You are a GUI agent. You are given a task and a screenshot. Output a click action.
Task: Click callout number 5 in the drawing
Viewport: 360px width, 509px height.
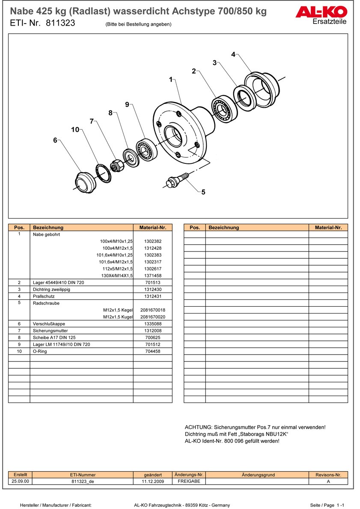tap(203, 192)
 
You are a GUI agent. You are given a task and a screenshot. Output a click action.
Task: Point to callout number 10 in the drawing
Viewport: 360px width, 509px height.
tap(75, 130)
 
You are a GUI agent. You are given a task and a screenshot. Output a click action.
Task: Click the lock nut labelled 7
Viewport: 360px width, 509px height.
tap(117, 164)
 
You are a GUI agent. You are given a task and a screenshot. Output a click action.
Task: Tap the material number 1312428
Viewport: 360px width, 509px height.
tap(152, 248)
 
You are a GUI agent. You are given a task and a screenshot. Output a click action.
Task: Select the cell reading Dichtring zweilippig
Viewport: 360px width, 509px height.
tap(51, 290)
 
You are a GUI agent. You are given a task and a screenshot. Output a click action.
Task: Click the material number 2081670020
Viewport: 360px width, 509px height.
tap(152, 317)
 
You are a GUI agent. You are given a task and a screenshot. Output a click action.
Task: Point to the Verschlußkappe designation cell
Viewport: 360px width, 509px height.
tap(49, 324)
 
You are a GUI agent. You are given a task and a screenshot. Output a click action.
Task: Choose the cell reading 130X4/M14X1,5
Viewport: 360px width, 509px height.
tap(117, 276)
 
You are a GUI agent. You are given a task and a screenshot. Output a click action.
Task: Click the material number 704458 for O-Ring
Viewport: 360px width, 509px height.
tap(152, 351)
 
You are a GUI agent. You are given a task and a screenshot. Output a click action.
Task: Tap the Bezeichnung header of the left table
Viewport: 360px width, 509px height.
tap(48, 228)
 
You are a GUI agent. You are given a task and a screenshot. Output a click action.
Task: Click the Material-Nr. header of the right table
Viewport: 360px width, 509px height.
tap(328, 228)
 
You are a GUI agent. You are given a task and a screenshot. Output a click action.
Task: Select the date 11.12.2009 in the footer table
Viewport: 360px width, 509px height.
tap(152, 481)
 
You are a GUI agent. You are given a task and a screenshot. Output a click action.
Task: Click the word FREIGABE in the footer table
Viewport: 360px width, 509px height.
tap(188, 481)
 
